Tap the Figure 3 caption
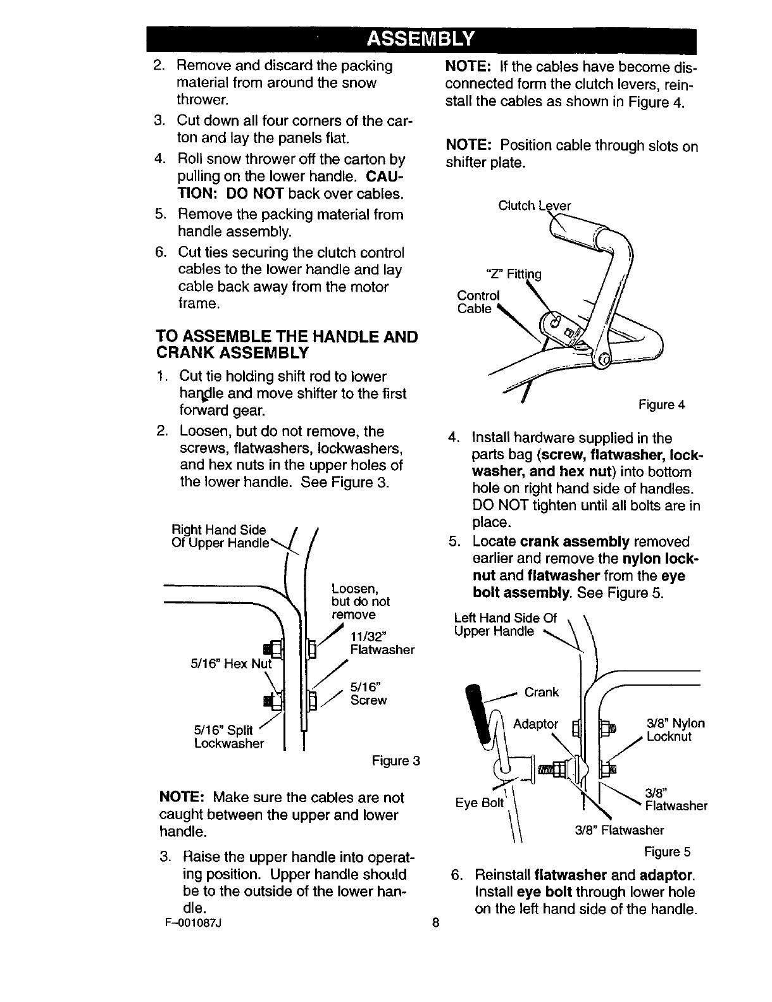coord(396,760)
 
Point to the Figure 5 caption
coord(667,852)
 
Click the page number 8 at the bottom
coord(435,922)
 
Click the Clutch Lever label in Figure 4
coord(535,206)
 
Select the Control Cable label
coord(478,302)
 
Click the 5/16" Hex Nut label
coord(230,664)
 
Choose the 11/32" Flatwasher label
coord(382,643)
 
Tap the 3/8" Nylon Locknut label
coord(675,730)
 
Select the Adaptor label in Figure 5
coord(535,724)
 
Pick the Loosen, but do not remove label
coord(360,601)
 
